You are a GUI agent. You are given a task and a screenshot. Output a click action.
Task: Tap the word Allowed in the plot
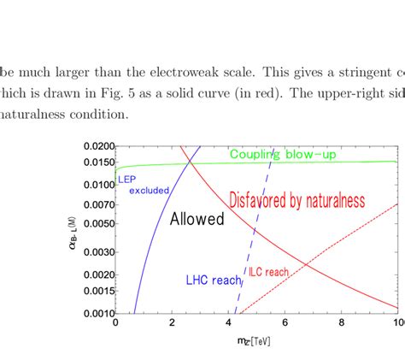pyautogui.click(x=197, y=219)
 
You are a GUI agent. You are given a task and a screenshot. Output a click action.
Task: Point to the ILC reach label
pyautogui.click(x=268, y=272)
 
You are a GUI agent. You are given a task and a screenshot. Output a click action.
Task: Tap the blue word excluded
pyautogui.click(x=149, y=190)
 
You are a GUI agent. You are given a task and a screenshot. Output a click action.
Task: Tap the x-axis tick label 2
pyautogui.click(x=173, y=323)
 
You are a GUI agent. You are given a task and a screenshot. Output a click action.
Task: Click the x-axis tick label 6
pyautogui.click(x=285, y=323)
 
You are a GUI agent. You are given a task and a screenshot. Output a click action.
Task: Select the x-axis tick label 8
pyautogui.click(x=342, y=323)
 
